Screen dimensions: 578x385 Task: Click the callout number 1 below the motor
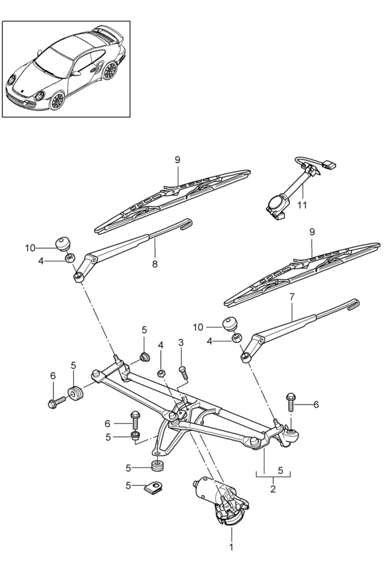tap(232, 547)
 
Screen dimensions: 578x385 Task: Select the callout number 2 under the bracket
tap(273, 489)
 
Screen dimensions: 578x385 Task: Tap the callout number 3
tap(181, 342)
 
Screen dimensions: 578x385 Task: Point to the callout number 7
tap(292, 297)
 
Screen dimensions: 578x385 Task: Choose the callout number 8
tap(154, 263)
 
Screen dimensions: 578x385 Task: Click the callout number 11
tap(302, 205)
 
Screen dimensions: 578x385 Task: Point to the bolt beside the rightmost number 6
tap(291, 401)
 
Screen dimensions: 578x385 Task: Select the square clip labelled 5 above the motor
tap(153, 487)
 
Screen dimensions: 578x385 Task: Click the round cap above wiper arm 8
tap(63, 243)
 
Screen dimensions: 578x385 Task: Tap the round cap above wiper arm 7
tap(230, 322)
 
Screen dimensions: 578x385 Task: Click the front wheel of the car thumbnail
tap(57, 100)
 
